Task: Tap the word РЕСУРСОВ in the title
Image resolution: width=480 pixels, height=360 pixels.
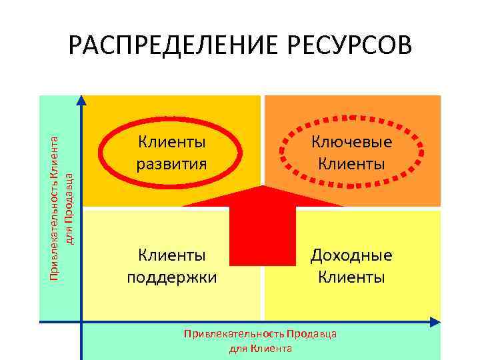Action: click(x=349, y=47)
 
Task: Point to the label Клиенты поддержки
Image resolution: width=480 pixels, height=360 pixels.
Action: click(x=171, y=265)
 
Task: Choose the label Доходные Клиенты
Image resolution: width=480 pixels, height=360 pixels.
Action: click(x=351, y=265)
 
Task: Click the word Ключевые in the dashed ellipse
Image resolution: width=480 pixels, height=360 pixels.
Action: click(x=351, y=141)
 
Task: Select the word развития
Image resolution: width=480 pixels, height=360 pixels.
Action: click(x=171, y=162)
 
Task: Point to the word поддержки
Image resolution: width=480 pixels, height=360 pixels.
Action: click(x=171, y=276)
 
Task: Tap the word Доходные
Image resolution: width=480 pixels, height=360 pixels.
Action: click(x=351, y=255)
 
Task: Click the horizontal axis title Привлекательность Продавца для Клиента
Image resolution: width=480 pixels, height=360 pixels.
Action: click(x=261, y=340)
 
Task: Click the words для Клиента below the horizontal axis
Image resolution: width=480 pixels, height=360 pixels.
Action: click(x=261, y=348)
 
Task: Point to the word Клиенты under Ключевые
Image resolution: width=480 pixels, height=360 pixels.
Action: click(x=351, y=162)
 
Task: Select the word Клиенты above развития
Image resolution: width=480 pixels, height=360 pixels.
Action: click(x=171, y=141)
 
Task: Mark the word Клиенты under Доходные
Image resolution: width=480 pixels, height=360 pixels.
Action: click(x=351, y=276)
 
